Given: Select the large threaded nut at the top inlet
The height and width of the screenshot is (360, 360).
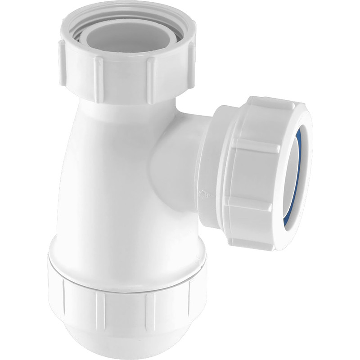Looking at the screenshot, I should (x=126, y=67).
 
